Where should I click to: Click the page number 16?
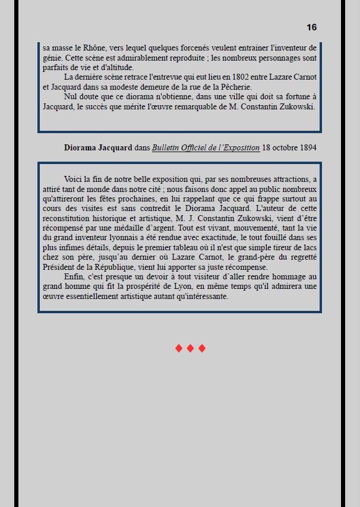tap(311, 27)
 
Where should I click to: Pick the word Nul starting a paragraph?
tap(71, 97)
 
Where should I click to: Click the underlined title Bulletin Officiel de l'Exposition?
tap(206, 147)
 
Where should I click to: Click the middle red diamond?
tap(190, 348)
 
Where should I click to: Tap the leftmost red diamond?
tap(179, 348)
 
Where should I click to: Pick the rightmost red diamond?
tap(202, 348)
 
